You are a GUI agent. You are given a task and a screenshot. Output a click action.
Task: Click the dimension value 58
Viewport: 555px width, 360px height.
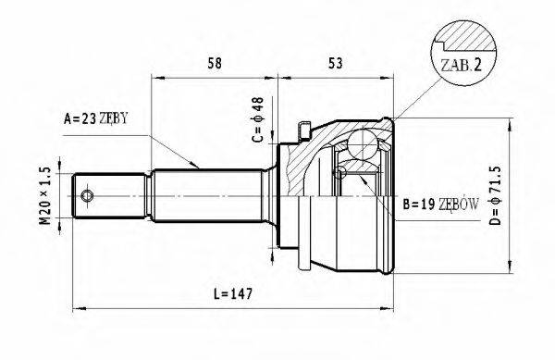point(215,63)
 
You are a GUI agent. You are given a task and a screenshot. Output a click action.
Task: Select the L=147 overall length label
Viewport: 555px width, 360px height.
point(233,293)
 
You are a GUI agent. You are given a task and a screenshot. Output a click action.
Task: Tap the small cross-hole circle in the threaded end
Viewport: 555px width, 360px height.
point(87,196)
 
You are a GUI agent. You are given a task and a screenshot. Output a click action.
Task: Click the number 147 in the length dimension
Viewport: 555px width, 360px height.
point(241,293)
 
